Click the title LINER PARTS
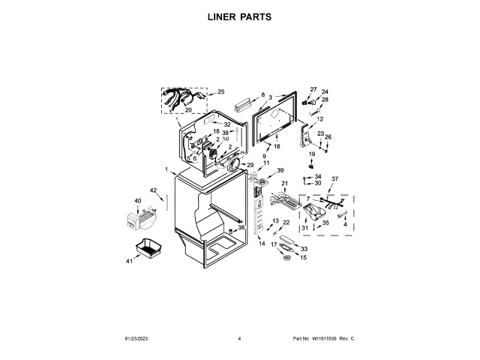pos(239,16)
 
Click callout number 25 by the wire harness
pos(220,92)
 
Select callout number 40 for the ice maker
pos(137,201)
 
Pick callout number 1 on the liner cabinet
pos(166,169)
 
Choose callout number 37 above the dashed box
pos(335,178)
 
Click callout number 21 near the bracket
pos(284,183)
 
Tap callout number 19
pos(311,154)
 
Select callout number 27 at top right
pos(313,90)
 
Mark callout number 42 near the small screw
pos(153,190)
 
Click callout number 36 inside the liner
pos(241,227)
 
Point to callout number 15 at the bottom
pos(304,257)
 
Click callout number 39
pos(280,171)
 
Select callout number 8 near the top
pos(263,95)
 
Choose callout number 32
pos(226,124)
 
